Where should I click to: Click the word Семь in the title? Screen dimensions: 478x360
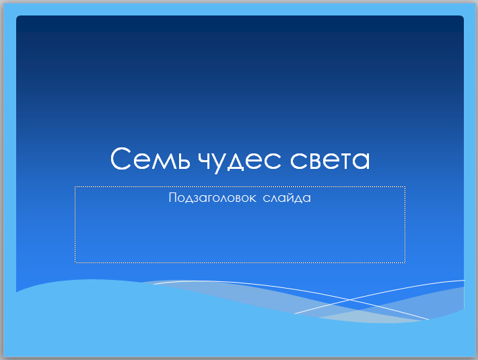pyautogui.click(x=150, y=158)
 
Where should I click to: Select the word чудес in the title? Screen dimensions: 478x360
pyautogui.click(x=239, y=160)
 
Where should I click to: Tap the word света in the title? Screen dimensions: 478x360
pyautogui.click(x=329, y=160)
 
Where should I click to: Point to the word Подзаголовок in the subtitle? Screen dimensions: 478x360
pyautogui.click(x=212, y=198)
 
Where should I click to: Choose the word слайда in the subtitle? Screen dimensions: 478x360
pyautogui.click(x=287, y=198)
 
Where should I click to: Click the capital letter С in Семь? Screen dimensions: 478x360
pyautogui.click(x=121, y=158)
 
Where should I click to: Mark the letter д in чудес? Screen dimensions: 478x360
pyautogui.click(x=236, y=161)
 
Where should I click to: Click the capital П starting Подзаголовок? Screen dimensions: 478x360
pyautogui.click(x=172, y=197)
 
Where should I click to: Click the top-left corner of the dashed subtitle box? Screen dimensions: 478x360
pyautogui.click(x=75, y=187)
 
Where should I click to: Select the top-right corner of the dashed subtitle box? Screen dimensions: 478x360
pyautogui.click(x=405, y=187)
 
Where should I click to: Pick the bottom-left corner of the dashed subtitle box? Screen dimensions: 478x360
pyautogui.click(x=75, y=262)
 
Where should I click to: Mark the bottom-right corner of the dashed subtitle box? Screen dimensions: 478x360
pyautogui.click(x=405, y=262)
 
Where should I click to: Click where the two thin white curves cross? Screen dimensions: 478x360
pyautogui.click(x=349, y=299)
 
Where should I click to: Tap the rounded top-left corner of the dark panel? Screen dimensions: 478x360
pyautogui.click(x=18, y=17)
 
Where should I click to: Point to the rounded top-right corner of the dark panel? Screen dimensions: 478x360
pyautogui.click(x=462, y=17)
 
